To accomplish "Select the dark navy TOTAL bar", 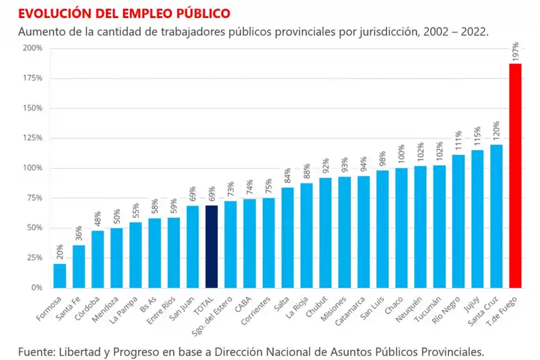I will tap(212, 247).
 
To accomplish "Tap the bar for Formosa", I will tap(60, 275).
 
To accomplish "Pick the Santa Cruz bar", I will tap(496, 216).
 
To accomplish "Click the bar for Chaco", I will tap(401, 228).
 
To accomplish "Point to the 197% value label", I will tap(515, 52).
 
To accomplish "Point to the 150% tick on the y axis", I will tap(32, 108).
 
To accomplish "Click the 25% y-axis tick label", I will tap(34, 258).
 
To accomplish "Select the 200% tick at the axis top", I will tap(32, 48).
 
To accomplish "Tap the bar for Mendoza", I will tap(117, 257).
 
